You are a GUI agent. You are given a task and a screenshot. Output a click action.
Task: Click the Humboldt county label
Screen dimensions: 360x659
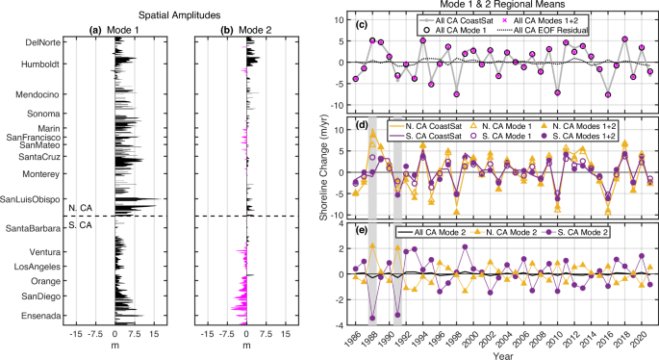[40, 64]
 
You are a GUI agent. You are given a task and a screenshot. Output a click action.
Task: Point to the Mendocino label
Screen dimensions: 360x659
[39, 94]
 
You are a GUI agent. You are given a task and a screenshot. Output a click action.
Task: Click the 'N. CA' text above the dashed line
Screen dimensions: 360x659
[75, 209]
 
